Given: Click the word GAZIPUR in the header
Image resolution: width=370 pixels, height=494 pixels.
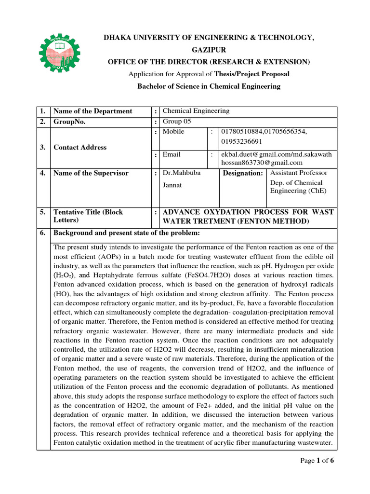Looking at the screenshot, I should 209,50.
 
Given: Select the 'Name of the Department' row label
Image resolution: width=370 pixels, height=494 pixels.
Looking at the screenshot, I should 92,111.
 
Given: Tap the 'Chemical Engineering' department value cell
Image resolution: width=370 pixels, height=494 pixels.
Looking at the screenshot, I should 196,111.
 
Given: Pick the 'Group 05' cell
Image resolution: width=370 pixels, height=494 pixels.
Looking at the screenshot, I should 177,122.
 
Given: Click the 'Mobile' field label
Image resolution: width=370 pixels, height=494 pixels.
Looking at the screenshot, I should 173,132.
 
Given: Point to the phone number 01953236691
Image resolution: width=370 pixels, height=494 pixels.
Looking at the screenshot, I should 242,141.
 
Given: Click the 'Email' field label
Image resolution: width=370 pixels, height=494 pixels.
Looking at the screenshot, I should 172,154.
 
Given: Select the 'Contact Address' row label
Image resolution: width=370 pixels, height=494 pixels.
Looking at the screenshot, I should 80,147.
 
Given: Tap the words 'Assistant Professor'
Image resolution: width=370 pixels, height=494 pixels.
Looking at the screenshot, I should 299,173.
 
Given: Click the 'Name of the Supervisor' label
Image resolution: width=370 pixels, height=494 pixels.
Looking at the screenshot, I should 91,173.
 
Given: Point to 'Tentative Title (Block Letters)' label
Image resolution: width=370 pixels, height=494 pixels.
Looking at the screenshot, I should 88,216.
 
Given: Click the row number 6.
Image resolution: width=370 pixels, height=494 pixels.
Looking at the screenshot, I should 43,233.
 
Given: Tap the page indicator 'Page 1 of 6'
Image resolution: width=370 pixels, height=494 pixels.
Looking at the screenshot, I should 317,460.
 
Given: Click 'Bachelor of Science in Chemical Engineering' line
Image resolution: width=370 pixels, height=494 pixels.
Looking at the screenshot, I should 209,86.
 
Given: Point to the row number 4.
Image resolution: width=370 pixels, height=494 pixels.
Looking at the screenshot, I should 43,173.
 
